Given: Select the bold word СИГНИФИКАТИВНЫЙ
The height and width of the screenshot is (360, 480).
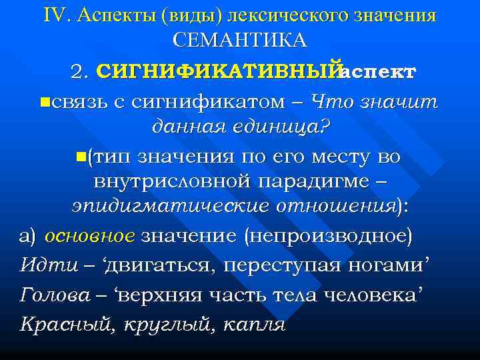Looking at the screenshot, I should (218, 72).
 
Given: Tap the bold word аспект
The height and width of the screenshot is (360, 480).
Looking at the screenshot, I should (378, 72).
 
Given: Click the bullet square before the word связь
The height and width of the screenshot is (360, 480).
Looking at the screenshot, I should (44, 102).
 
